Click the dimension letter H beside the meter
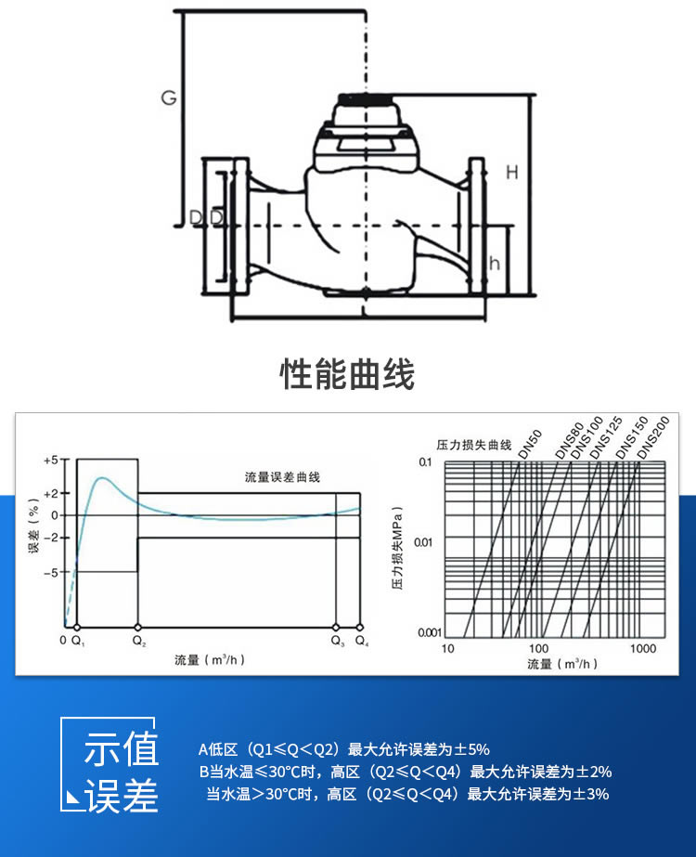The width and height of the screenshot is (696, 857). [511, 172]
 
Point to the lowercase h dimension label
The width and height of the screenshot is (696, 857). [495, 263]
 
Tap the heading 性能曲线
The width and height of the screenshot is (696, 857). [347, 374]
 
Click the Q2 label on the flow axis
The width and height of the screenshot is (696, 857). [138, 641]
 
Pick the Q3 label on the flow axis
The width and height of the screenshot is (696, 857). [337, 641]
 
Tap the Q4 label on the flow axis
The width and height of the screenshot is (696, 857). [361, 641]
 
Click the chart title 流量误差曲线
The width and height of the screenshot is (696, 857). [276, 477]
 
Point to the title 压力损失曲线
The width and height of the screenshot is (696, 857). [474, 445]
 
